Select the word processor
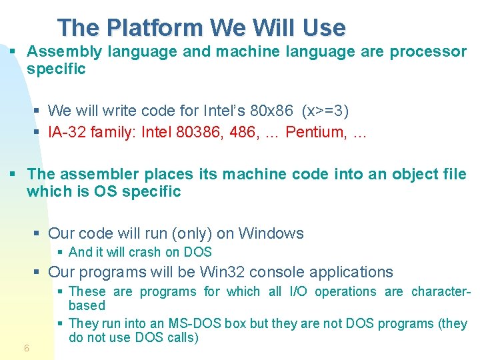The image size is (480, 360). [x=428, y=51]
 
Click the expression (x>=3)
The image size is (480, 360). [x=325, y=109]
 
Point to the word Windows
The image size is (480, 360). [x=271, y=233]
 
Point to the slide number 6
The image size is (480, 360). [x=26, y=348]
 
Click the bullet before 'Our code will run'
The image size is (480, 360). [x=38, y=233]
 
